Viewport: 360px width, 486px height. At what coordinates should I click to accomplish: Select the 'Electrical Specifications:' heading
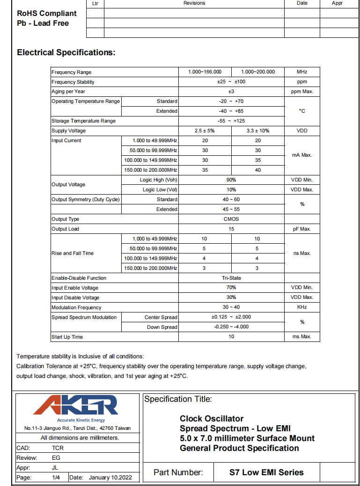click(x=66, y=52)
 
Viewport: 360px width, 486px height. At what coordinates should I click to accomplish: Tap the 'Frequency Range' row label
click(x=72, y=72)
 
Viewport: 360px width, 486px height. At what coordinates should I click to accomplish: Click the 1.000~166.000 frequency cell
click(x=205, y=72)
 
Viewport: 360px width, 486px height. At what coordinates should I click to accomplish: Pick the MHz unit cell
click(x=302, y=72)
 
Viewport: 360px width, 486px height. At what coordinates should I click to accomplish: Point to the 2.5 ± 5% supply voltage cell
click(x=205, y=131)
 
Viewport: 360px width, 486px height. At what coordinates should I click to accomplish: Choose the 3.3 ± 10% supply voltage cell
click(x=258, y=131)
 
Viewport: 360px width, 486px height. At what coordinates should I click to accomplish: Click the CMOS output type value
click(x=231, y=219)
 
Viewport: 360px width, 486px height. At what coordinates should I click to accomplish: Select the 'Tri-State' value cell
click(x=231, y=278)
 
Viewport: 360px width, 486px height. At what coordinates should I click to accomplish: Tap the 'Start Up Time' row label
click(x=67, y=337)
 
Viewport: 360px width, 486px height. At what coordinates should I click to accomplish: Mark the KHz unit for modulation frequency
click(x=302, y=307)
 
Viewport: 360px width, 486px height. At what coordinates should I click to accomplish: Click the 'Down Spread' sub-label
click(x=162, y=327)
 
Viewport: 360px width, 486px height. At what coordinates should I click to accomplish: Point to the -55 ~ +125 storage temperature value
click(x=231, y=121)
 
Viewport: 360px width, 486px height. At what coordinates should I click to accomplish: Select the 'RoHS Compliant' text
click(x=47, y=14)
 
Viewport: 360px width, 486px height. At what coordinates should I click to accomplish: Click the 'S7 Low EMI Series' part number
click(x=266, y=472)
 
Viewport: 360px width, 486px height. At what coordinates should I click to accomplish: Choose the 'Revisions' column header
click(x=194, y=3)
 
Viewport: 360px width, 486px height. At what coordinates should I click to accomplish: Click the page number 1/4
click(x=56, y=478)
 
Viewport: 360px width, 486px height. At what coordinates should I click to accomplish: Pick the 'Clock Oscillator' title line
click(x=212, y=419)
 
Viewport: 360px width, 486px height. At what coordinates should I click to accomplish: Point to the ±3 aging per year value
click(x=231, y=92)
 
